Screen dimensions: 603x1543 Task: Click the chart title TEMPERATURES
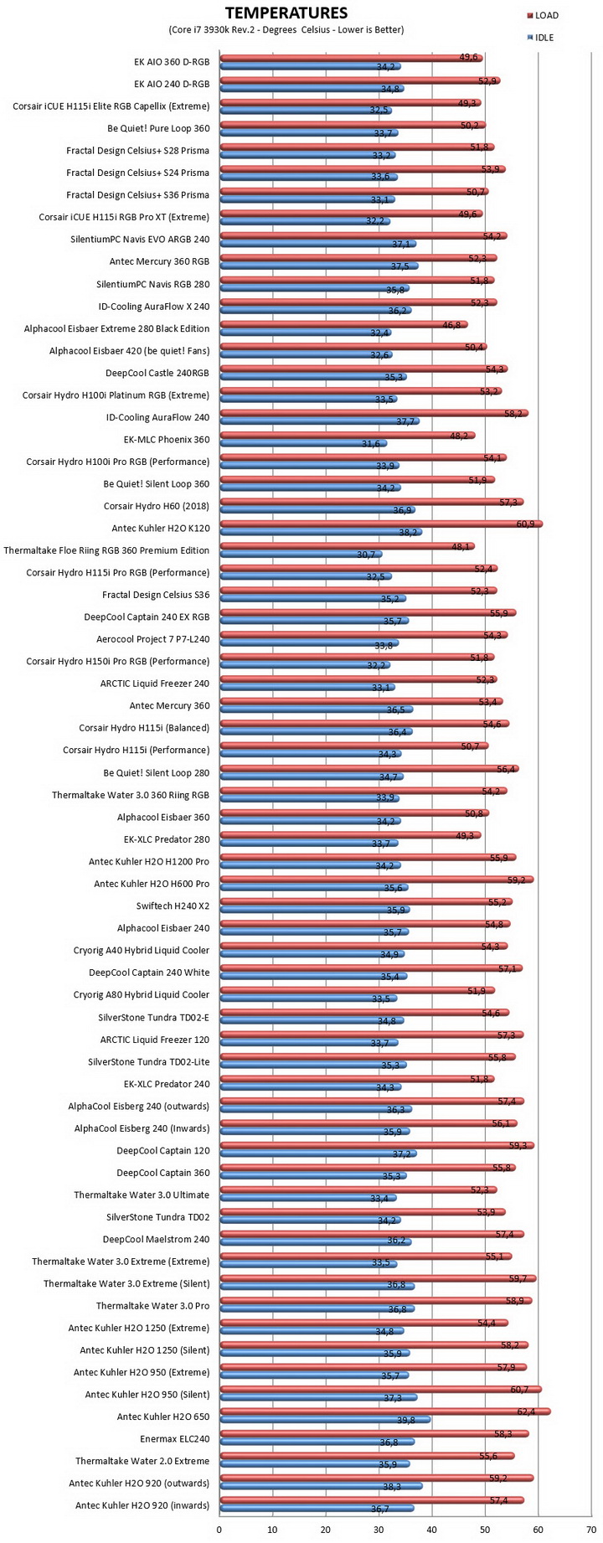pos(286,13)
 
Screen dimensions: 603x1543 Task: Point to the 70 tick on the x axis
pos(591,1529)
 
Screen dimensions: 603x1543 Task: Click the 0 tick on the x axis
pos(219,1529)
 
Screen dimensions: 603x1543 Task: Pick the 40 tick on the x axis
pos(432,1529)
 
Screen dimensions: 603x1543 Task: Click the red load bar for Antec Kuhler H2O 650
pos(385,1411)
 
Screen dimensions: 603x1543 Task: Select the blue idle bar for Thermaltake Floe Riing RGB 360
pos(301,555)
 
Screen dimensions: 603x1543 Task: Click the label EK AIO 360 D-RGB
pos(172,62)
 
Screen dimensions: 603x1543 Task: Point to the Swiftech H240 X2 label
pos(173,906)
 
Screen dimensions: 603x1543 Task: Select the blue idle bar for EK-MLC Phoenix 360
pos(303,443)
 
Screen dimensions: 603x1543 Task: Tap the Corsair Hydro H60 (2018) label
pos(157,506)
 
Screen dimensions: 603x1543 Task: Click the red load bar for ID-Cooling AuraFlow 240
pos(374,413)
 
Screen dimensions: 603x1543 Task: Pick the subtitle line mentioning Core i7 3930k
pos(286,29)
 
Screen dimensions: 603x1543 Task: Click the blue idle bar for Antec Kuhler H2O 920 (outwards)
pos(321,1487)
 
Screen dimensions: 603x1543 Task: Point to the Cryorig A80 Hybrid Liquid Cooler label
pos(142,995)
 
